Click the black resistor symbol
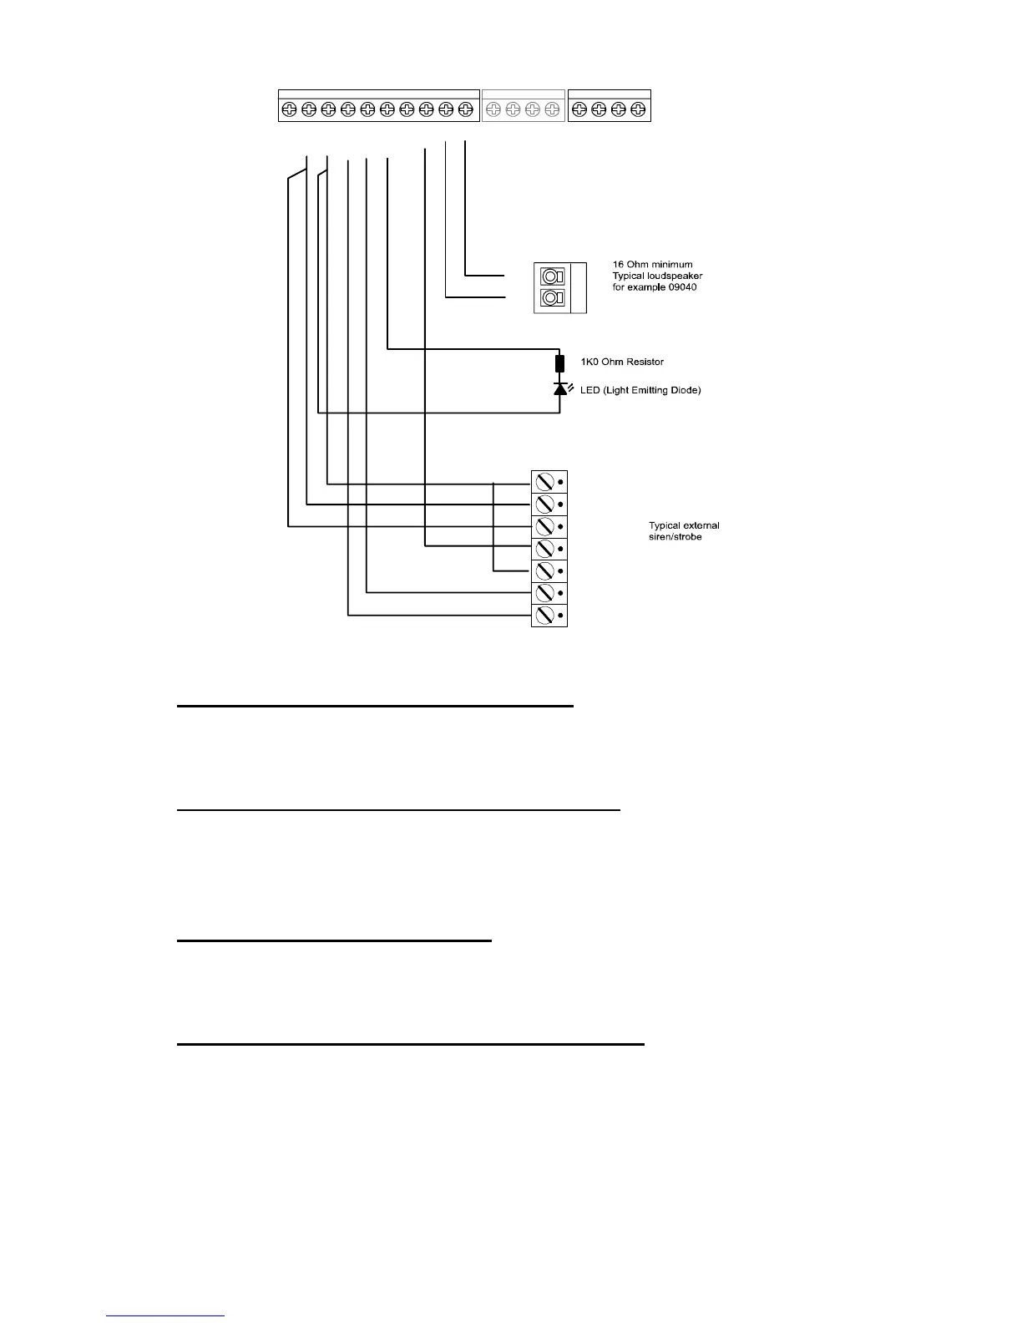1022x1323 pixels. coord(559,363)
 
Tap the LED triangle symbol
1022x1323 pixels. coord(560,389)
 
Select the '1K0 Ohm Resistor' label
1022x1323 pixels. coord(622,362)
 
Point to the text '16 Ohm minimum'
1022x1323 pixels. coord(652,265)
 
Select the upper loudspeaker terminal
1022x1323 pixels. coord(551,276)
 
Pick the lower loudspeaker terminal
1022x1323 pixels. coord(551,298)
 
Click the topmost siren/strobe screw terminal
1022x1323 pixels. coord(545,482)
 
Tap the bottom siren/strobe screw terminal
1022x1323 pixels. coord(545,616)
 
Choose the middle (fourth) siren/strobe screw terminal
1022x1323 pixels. coord(545,549)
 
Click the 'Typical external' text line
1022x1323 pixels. coord(684,525)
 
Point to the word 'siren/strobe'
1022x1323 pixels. coord(675,537)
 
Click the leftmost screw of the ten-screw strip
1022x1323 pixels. coord(289,109)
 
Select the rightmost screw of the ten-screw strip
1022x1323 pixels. coord(466,109)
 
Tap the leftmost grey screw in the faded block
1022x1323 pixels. coord(493,109)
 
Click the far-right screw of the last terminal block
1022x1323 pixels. coord(639,109)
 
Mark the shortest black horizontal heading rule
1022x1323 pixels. coord(335,940)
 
